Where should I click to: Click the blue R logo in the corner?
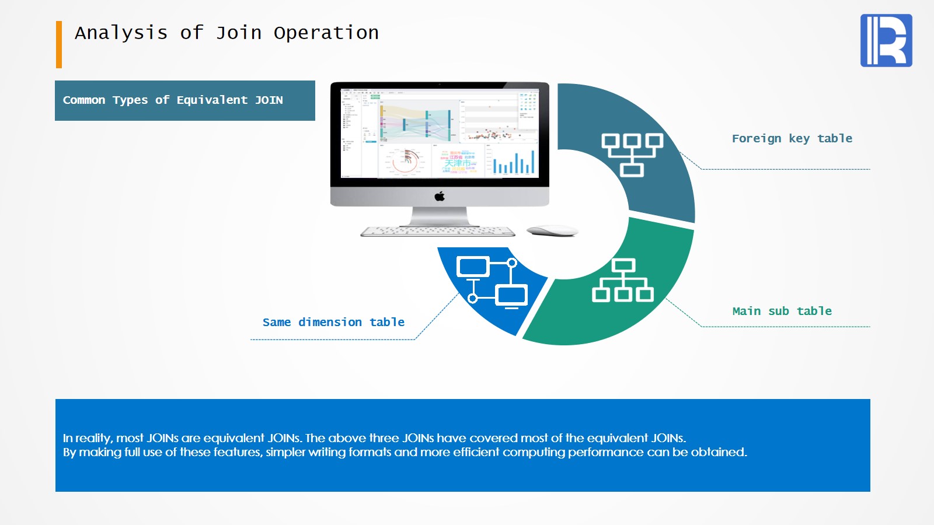coord(886,40)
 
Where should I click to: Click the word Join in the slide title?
coord(239,33)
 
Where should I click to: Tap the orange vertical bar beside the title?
coord(59,44)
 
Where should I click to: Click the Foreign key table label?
coord(792,139)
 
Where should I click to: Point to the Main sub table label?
coord(782,311)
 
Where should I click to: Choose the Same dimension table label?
coord(333,323)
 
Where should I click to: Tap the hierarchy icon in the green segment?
coord(623,281)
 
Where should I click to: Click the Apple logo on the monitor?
coord(440,197)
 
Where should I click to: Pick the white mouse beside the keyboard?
coord(552,231)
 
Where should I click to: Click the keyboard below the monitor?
coord(438,232)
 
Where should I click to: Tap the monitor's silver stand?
coord(440,216)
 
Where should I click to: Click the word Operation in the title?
coord(326,33)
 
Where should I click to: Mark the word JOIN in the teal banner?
coord(269,100)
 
